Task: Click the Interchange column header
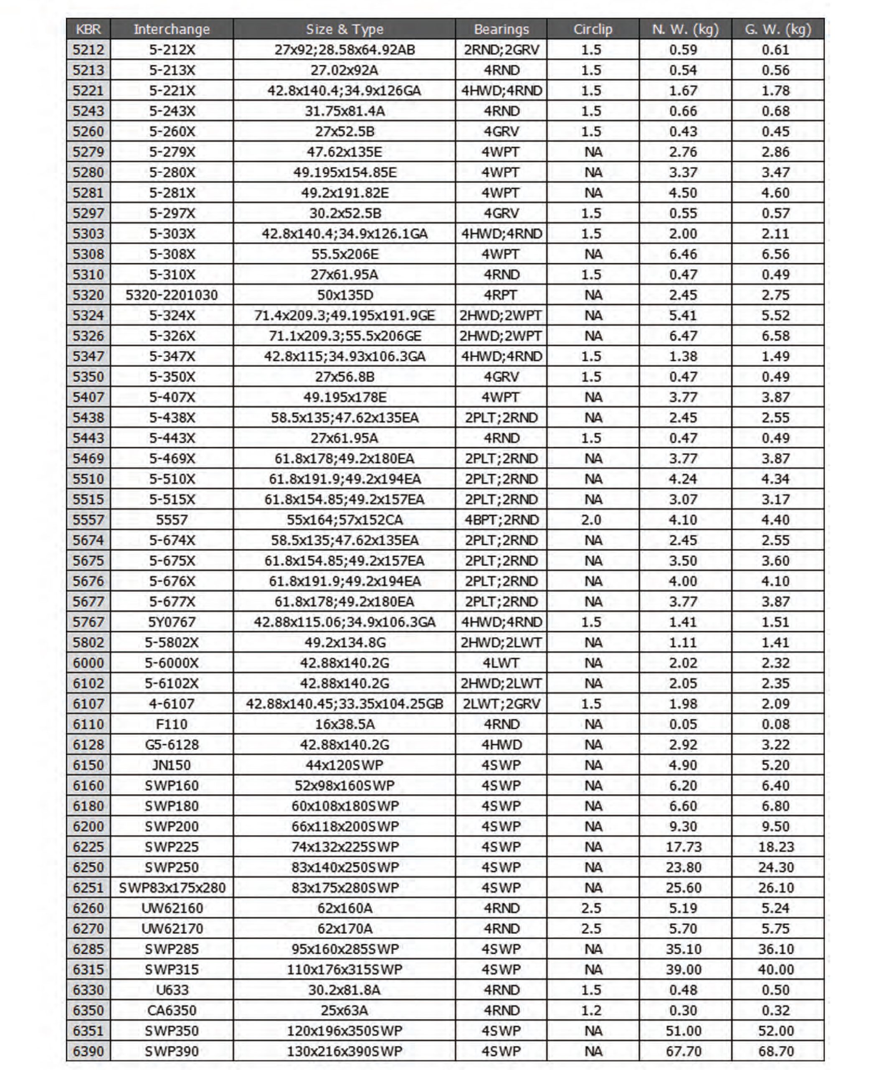pos(172,29)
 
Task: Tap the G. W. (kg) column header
pos(778,29)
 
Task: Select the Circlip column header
pos(593,29)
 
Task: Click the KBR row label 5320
pos(88,295)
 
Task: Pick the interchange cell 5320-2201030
pos(172,295)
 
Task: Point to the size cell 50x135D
pos(344,295)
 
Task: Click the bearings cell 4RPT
pos(501,295)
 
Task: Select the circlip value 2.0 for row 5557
pos(591,520)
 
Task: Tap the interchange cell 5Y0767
pos(172,622)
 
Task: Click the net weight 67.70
pos(684,1051)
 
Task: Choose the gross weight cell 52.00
pos(776,1031)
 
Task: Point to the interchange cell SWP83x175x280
pos(172,888)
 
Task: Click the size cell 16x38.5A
pos(344,724)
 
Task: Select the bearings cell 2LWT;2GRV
pos(501,704)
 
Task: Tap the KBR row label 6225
pos(88,847)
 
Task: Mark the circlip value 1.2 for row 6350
pos(591,1010)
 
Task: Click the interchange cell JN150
pos(172,765)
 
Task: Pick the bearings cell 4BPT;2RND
pos(501,520)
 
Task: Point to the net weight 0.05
pos(683,724)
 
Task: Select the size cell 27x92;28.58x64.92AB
pos(344,49)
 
